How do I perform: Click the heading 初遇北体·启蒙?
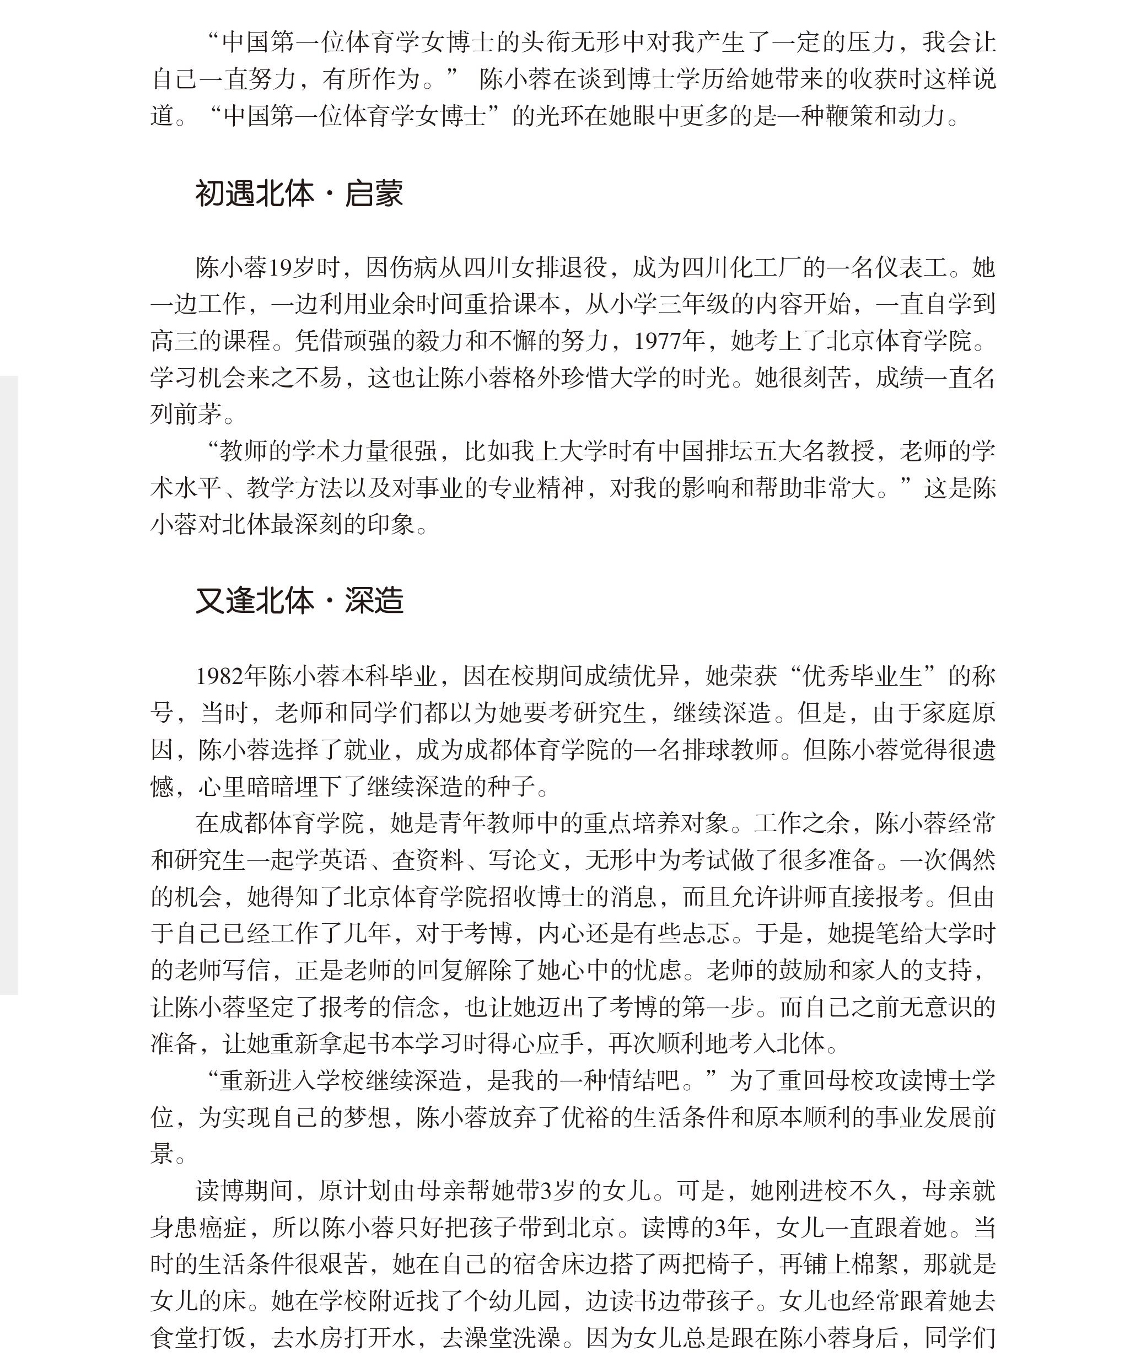[x=299, y=193]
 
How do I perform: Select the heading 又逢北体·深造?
[x=299, y=601]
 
